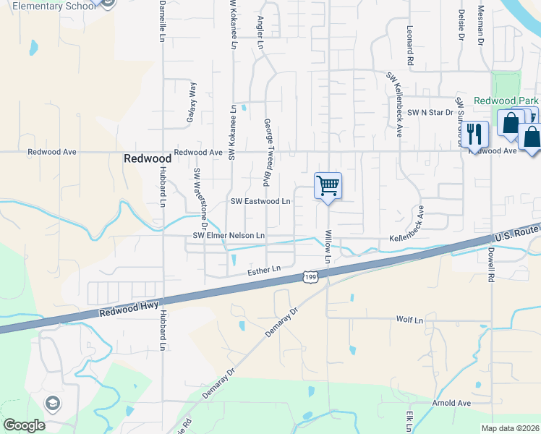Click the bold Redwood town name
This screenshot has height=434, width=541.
pyautogui.click(x=147, y=158)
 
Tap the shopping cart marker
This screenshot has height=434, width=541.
pyautogui.click(x=328, y=186)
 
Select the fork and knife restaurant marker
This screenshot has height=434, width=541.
pyautogui.click(x=474, y=134)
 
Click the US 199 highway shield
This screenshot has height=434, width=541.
pyautogui.click(x=310, y=277)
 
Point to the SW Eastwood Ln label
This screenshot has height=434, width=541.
pyautogui.click(x=260, y=201)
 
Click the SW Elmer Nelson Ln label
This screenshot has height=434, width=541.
pyautogui.click(x=229, y=236)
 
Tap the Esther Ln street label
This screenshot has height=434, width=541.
pyautogui.click(x=263, y=271)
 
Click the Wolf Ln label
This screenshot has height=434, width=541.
pyautogui.click(x=409, y=319)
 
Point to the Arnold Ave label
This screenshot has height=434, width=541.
pyautogui.click(x=451, y=403)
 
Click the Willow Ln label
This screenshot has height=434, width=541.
pyautogui.click(x=328, y=246)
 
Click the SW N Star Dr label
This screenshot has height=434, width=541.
pyautogui.click(x=430, y=112)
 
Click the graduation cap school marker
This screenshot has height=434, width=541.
pyautogui.click(x=52, y=403)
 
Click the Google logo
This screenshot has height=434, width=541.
pyautogui.click(x=24, y=425)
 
